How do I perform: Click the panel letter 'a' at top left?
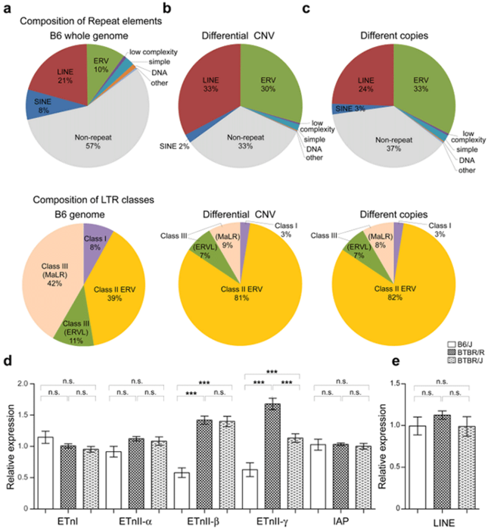(x=7, y=10)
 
